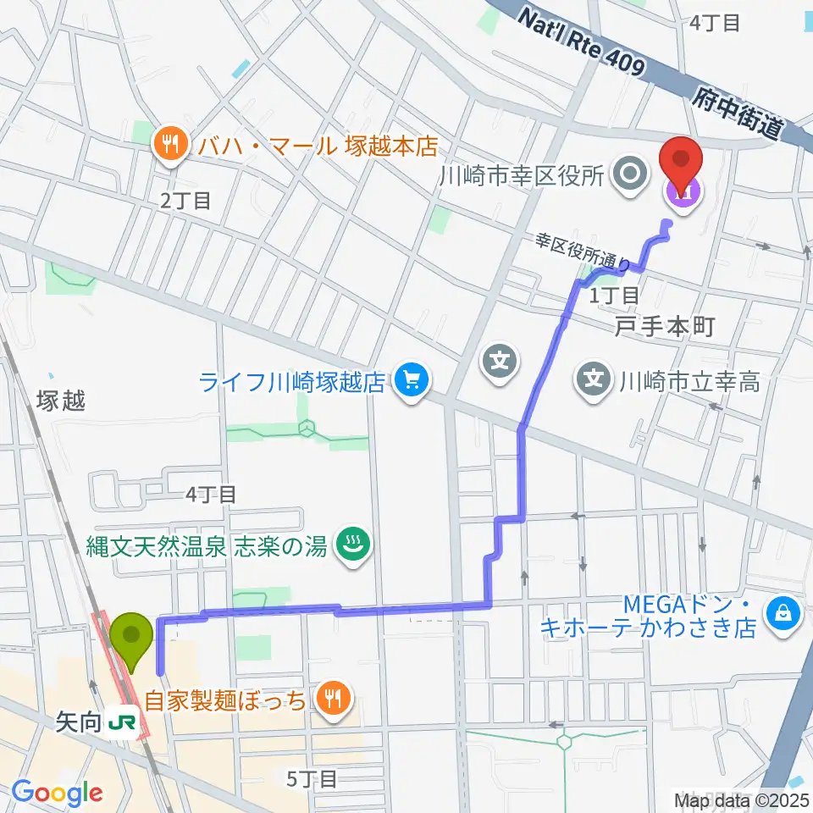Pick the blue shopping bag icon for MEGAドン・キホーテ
pyautogui.click(x=783, y=614)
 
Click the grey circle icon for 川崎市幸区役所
pyautogui.click(x=630, y=176)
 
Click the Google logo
pyautogui.click(x=58, y=794)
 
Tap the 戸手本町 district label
pyautogui.click(x=666, y=325)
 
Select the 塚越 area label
pyautogui.click(x=61, y=401)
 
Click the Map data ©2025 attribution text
pyautogui.click(x=743, y=799)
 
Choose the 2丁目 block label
pyautogui.click(x=185, y=200)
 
